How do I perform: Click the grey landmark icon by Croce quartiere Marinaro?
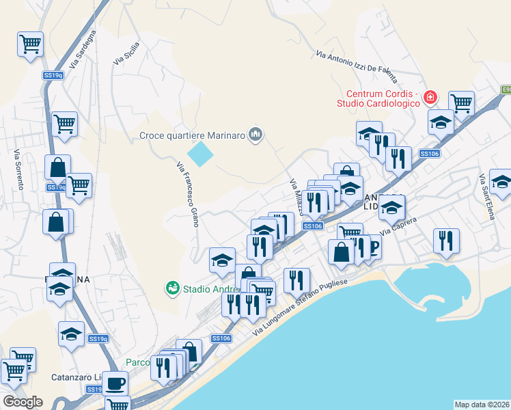point(256,135)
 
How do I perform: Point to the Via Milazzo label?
point(296,196)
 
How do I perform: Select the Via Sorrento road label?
point(19,169)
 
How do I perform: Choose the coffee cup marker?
point(115,383)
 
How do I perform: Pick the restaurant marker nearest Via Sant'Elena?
point(446,241)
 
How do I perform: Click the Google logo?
point(23,402)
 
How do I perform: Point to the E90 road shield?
point(506,89)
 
